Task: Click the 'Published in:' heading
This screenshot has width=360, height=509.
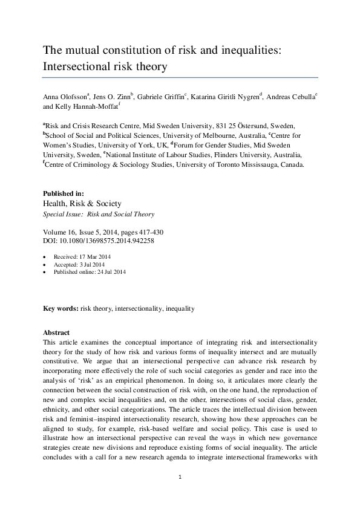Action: tap(64, 193)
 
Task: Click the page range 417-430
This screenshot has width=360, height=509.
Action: tap(147, 232)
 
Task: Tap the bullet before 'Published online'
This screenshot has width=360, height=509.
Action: tap(46, 273)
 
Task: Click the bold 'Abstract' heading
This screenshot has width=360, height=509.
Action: tap(56, 333)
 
